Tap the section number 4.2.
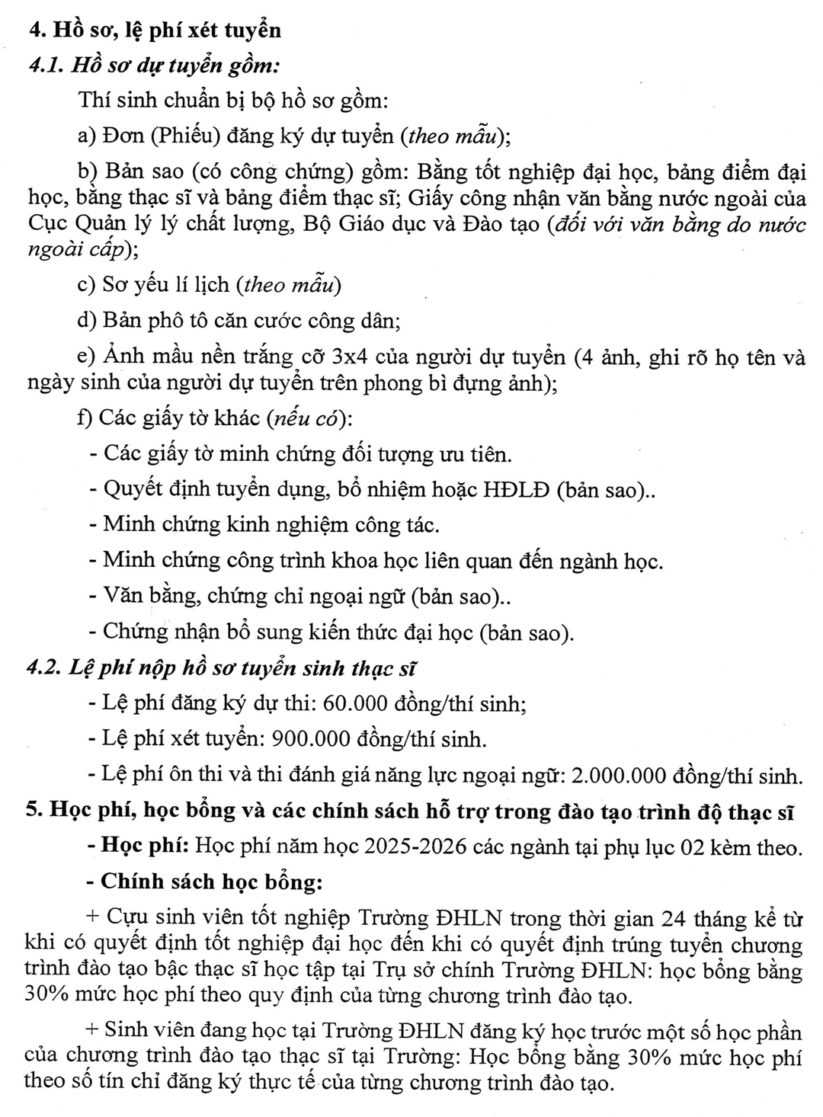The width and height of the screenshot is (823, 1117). coord(44,668)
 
